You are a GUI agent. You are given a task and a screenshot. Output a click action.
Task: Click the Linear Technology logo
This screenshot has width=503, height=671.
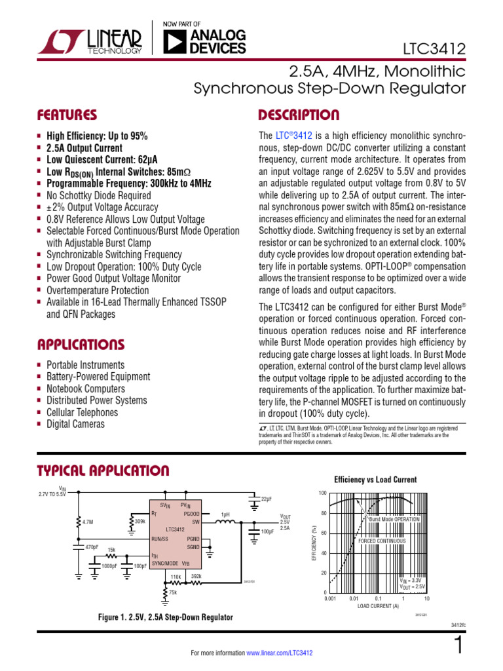(x=89, y=41)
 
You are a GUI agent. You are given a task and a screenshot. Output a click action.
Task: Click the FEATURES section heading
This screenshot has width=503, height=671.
(x=67, y=115)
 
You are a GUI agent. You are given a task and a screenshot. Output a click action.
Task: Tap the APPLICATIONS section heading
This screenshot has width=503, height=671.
(x=81, y=344)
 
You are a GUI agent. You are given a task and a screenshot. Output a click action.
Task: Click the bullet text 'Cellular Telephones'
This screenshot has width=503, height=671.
(x=82, y=412)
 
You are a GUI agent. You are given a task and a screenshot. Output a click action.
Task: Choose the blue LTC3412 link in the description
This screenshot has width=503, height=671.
(x=293, y=136)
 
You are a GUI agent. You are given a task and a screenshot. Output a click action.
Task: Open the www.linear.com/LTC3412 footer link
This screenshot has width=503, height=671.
(x=280, y=653)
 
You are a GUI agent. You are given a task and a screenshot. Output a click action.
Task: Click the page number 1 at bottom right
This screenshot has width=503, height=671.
(x=458, y=646)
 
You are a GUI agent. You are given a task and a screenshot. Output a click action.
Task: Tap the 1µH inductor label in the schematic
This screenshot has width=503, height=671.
(x=225, y=514)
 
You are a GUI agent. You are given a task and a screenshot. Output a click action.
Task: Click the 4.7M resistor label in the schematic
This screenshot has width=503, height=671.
(x=88, y=522)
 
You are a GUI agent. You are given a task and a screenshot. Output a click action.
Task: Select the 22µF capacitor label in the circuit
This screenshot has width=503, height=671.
(x=267, y=499)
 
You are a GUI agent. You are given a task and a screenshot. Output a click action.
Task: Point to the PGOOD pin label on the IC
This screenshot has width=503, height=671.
(x=191, y=514)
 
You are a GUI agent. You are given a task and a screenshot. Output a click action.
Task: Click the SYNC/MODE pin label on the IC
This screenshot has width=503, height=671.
(x=165, y=564)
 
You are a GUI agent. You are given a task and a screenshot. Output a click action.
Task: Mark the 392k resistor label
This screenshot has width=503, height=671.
(x=196, y=576)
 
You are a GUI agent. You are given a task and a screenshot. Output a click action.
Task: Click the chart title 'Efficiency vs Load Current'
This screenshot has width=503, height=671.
(x=375, y=479)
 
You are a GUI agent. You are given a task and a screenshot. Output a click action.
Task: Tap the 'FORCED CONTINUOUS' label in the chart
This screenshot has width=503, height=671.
(x=382, y=541)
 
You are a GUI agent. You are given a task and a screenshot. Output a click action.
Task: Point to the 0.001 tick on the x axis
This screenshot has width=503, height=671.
(x=329, y=599)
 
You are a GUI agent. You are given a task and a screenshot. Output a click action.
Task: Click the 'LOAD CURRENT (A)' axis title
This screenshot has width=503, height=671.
(x=378, y=606)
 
